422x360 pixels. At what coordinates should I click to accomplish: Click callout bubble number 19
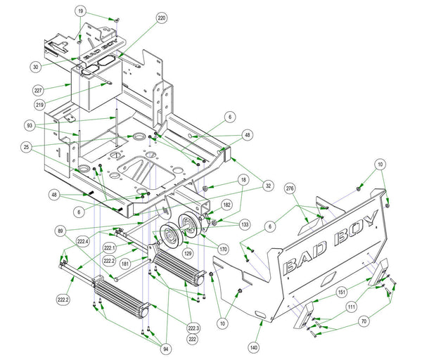(x=81, y=12)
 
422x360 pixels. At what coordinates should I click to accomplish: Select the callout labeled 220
(x=162, y=18)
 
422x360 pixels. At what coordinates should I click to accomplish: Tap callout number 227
(x=39, y=90)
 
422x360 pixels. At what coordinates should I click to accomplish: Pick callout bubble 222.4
(x=83, y=241)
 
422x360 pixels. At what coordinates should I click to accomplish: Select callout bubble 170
(x=223, y=247)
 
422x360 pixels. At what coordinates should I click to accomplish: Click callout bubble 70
(x=364, y=322)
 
